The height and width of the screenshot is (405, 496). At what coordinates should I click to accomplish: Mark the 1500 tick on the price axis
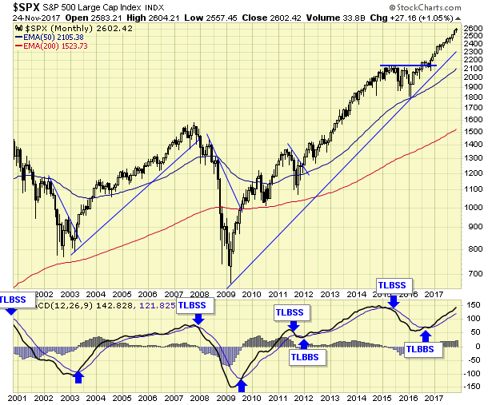coord(473,130)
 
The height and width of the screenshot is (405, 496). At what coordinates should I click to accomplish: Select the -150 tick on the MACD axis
coord(472,387)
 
